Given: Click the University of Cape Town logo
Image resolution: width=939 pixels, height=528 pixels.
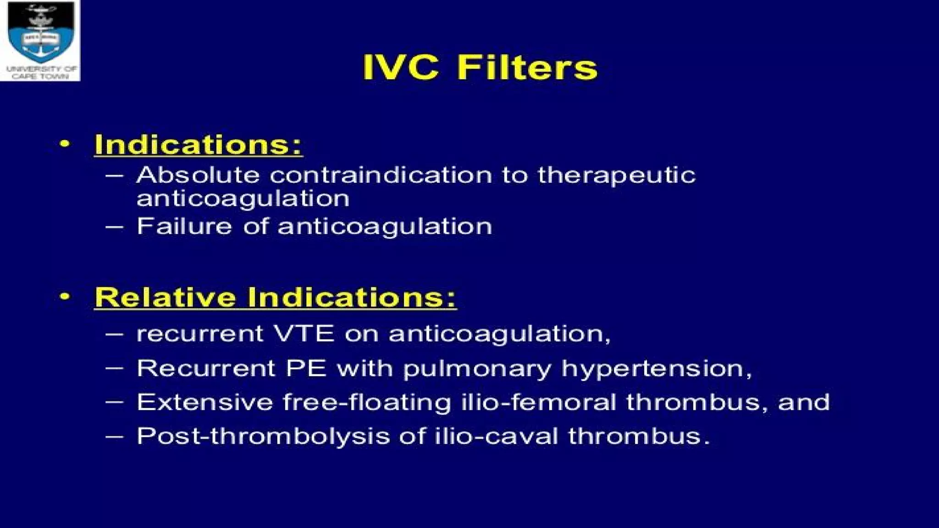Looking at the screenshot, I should [x=40, y=40].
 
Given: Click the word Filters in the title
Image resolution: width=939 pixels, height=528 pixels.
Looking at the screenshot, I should [x=527, y=68].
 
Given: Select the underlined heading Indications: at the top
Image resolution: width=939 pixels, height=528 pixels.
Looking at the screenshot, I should [x=198, y=145].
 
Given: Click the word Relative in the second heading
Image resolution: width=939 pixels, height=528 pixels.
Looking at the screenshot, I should [x=165, y=297].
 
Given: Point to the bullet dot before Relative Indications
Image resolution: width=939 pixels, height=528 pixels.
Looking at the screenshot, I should [x=65, y=297].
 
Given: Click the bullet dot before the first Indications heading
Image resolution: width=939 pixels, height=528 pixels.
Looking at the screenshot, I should [x=65, y=144].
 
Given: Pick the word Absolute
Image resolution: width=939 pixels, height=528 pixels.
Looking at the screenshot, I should [x=198, y=175].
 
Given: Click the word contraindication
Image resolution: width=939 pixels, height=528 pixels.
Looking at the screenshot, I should [x=381, y=175].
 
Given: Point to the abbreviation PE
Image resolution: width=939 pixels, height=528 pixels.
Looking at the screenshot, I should [x=306, y=368].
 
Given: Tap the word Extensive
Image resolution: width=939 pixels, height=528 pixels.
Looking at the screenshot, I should [x=204, y=402].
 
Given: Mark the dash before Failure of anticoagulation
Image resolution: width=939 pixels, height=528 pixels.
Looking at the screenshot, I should [x=114, y=227].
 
